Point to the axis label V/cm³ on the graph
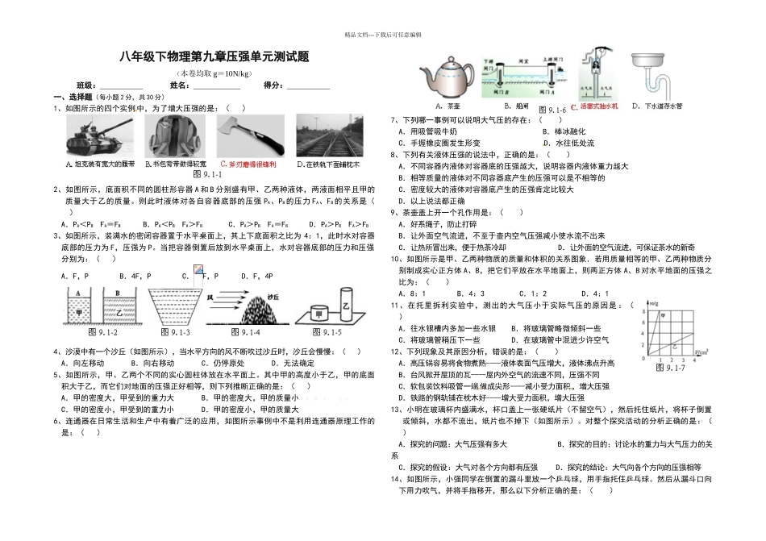point(697,352)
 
